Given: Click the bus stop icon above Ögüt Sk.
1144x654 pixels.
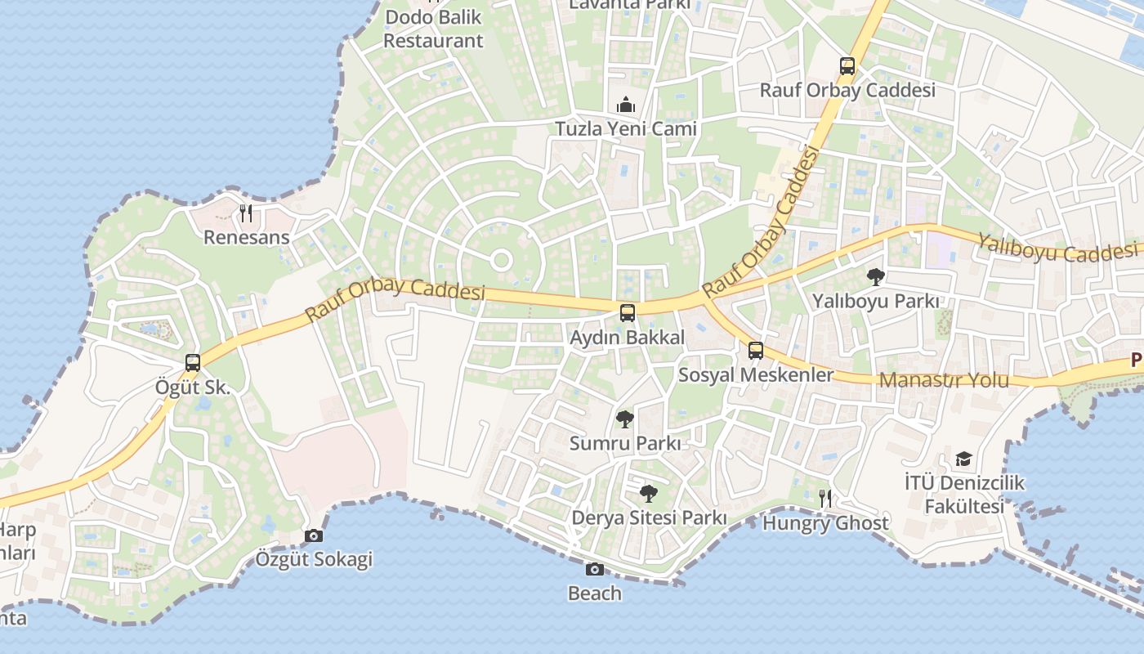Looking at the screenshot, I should point(193,362).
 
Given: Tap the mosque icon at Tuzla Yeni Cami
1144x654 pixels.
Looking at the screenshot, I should point(626,105).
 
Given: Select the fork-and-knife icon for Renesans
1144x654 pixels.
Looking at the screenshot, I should point(246,213).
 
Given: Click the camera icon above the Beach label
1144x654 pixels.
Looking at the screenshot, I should point(595,569).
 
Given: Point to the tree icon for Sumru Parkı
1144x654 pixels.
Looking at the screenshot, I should point(625,419).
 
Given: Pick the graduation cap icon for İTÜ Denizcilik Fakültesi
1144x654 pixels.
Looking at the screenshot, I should point(964,459).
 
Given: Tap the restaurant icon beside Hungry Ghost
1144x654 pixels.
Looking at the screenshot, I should point(825,498).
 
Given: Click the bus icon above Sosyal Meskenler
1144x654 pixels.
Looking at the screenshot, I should point(756,351).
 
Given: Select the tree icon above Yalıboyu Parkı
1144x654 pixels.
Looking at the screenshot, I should point(875,277).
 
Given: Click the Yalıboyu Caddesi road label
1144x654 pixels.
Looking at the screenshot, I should point(1059,248).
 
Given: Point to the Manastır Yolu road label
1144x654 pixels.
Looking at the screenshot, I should point(944,380).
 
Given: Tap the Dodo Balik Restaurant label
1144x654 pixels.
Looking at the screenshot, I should point(433,29).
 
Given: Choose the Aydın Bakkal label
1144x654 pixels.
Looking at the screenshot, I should point(627,337).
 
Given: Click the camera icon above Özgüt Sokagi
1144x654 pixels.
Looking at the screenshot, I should point(314,535).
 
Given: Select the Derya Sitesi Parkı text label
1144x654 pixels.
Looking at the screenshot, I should point(649,518).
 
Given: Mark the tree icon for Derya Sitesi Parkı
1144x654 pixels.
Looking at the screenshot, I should point(649,494).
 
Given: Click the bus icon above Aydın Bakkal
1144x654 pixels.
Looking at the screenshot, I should point(627,312).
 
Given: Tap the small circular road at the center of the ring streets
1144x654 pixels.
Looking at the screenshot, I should point(501,261).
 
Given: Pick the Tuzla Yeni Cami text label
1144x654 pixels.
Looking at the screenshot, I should point(626,128).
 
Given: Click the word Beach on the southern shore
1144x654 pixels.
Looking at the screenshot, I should point(595,594).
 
